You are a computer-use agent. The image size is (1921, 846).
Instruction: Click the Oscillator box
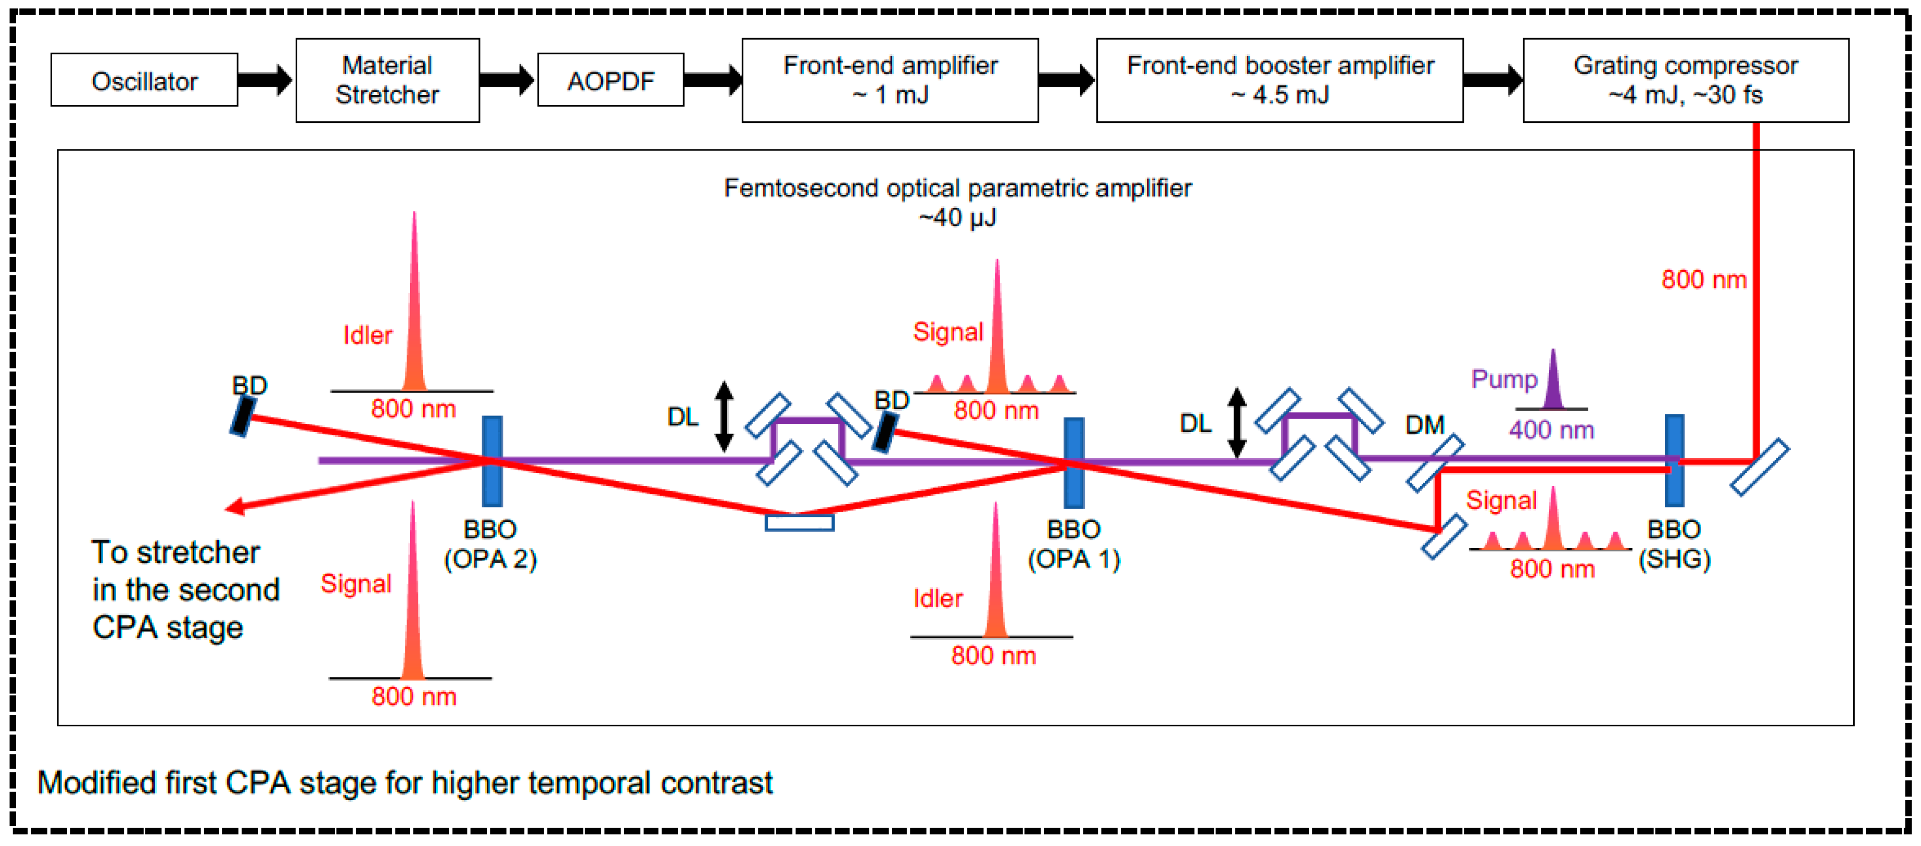pos(144,80)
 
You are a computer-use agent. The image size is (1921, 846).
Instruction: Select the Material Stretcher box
pos(387,80)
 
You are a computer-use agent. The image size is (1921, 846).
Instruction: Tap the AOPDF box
pos(610,80)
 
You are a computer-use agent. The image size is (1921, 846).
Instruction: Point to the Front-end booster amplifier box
pos(1279,80)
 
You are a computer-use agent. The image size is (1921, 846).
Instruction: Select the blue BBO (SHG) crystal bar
pos(1674,460)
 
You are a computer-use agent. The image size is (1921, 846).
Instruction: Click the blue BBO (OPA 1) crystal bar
pos(1073,462)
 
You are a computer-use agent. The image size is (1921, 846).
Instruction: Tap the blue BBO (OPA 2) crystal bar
pos(492,461)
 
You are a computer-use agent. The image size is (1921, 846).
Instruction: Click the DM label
pos(1424,425)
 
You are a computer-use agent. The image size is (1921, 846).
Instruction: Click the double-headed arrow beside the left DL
pos(723,416)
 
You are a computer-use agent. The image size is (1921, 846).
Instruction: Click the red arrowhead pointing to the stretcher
pos(234,507)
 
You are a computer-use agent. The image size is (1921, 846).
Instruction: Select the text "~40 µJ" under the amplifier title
pos(957,218)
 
